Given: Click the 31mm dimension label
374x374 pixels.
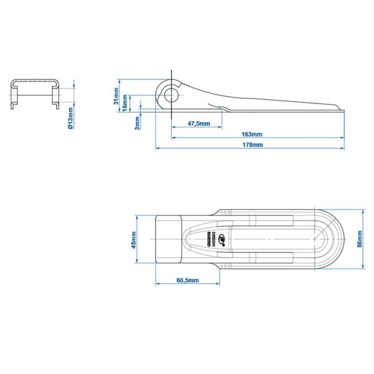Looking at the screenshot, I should click(117, 94).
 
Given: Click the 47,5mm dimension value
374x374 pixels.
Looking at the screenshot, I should click(198, 123).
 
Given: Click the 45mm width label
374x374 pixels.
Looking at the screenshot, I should click(133, 240).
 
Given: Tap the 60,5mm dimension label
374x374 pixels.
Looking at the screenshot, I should click(187, 280).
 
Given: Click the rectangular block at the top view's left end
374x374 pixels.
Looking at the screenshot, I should click(169, 239).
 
